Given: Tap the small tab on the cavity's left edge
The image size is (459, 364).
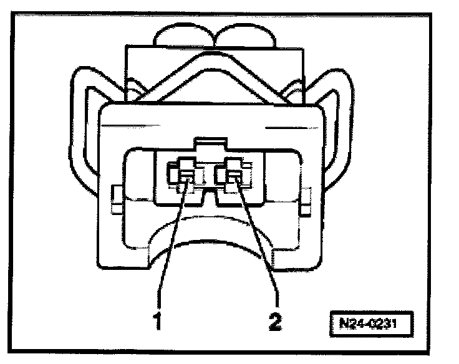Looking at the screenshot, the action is point(115,197).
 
